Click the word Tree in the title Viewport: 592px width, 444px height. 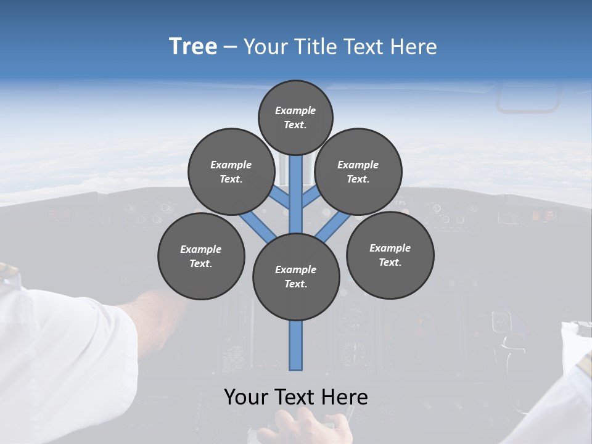click(x=193, y=47)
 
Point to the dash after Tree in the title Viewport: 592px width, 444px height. click(x=230, y=47)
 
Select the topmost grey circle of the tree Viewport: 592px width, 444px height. click(x=295, y=117)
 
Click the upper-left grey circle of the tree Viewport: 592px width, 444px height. click(x=231, y=171)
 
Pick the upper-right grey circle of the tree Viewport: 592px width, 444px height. click(x=358, y=171)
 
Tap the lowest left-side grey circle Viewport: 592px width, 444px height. click(x=201, y=257)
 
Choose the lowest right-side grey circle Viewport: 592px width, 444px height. click(x=390, y=255)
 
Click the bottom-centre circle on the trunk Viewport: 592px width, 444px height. click(x=296, y=277)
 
